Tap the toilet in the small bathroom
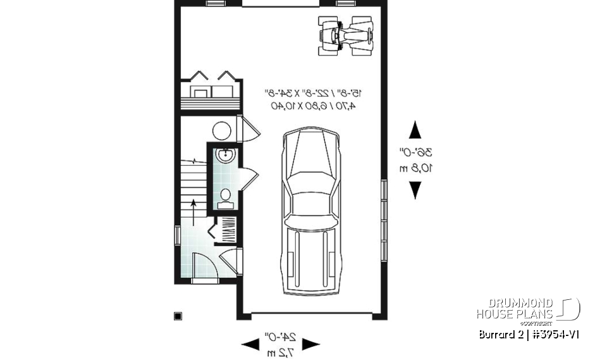pos(224,196)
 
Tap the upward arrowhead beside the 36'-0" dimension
pos(415,130)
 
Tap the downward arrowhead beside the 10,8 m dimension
pos(415,190)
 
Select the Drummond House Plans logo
pos(528,309)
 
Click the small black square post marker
pos(178,316)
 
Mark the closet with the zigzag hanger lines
pos(225,230)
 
